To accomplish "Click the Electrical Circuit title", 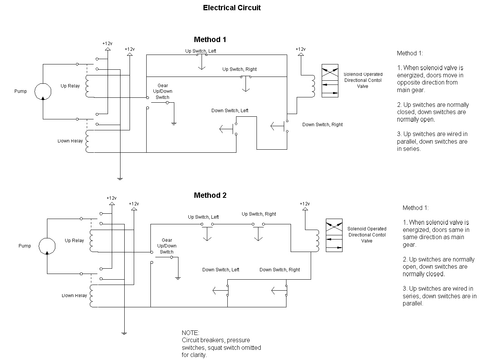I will coord(232,8).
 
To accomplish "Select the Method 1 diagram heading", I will coord(210,39).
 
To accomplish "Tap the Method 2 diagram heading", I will coord(210,195).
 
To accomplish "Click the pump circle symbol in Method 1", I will coord(43,91).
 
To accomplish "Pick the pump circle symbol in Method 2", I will coord(47,246).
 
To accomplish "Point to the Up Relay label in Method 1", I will coord(70,86).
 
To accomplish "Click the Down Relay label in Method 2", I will coord(75,296).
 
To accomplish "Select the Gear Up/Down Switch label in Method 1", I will coord(163,91).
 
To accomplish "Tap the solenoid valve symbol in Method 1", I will coord(330,81).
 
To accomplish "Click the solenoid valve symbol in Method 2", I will coord(334,235).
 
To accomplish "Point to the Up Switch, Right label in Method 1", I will coord(239,69).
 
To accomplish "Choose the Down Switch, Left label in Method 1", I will coord(230,111).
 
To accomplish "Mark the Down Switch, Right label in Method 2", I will coord(279,270).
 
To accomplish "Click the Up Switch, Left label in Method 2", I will coord(203,217).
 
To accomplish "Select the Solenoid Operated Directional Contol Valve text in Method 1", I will coord(363,80).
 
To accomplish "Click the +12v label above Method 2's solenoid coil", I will coord(305,204).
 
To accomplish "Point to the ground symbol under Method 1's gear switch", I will coord(174,124).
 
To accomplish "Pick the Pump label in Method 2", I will coord(25,246).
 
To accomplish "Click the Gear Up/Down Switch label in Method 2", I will coord(167,246).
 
